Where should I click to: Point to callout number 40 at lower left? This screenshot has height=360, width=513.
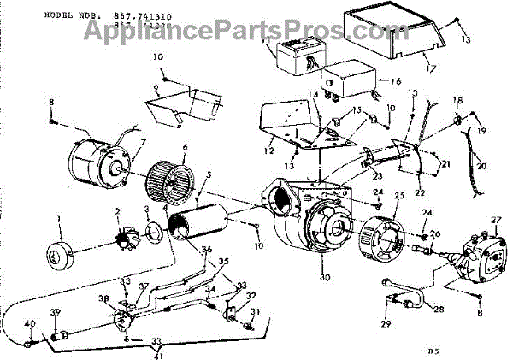(29, 324)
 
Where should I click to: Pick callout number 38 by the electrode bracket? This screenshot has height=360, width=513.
(104, 299)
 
